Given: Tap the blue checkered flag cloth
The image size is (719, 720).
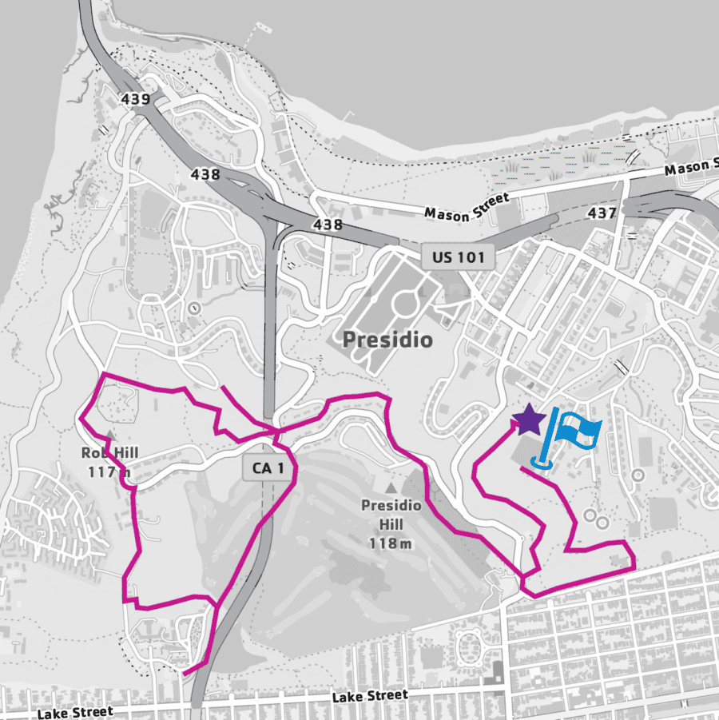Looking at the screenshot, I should point(578,430).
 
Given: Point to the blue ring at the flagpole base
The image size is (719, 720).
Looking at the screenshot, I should point(541,462).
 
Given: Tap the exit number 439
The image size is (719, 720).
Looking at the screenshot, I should point(136,99).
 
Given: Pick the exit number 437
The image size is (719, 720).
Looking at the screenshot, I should point(602,213).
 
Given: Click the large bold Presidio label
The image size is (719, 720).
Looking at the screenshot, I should point(387,340).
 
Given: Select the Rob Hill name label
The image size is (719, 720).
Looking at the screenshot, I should point(109,453).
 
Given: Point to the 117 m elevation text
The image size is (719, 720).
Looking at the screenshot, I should point(109,472).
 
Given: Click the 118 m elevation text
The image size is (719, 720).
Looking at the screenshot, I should point(391,543).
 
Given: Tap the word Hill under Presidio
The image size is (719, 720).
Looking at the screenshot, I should point(391,525).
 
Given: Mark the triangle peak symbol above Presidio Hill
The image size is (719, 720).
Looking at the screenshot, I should point(391,487).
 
